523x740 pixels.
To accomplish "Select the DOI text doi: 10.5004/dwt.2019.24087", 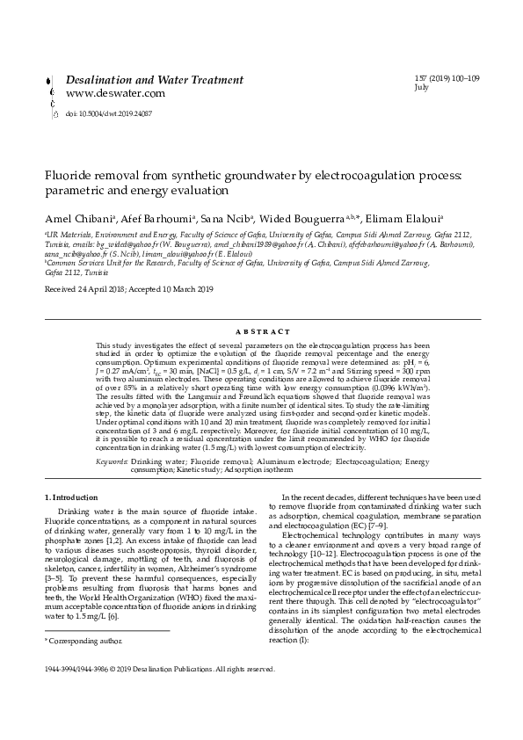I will (x=109, y=113).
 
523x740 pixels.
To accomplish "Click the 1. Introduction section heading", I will (x=71, y=497).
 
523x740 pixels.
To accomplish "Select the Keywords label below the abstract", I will (x=111, y=461).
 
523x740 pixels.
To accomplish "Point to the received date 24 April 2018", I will (x=91, y=288).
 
